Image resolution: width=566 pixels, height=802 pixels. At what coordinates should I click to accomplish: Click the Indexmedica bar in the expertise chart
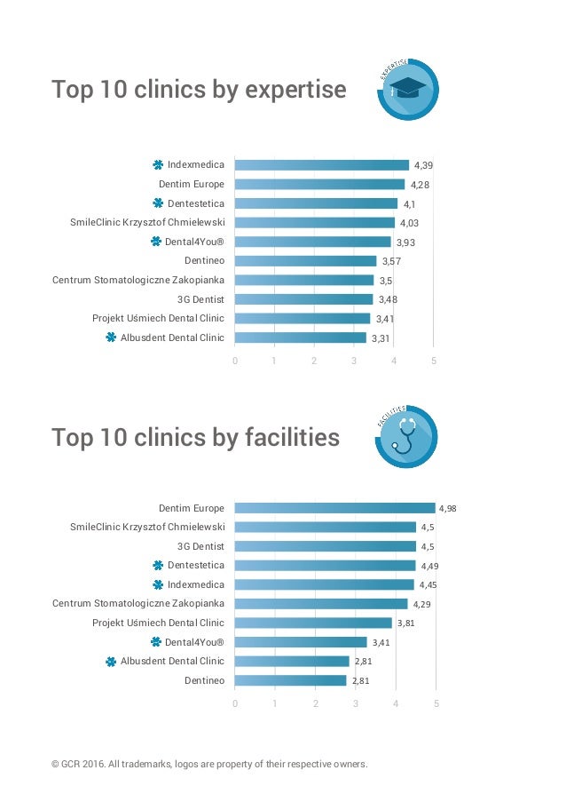321,165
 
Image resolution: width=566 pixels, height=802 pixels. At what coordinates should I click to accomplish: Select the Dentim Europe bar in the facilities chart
334,508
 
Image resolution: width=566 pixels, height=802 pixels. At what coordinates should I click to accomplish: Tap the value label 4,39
424,165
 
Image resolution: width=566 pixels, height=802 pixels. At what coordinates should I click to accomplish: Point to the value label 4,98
450,509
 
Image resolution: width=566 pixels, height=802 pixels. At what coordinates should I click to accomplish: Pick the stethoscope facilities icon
407,435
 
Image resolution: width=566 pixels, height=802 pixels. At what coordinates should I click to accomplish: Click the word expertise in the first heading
295,90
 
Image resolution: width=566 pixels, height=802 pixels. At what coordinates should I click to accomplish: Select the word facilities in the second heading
292,437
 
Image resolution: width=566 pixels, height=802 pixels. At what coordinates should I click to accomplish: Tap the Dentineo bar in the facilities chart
290,680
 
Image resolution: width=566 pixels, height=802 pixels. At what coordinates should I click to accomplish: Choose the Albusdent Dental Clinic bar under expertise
300,337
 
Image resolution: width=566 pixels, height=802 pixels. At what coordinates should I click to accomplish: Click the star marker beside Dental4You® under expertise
156,242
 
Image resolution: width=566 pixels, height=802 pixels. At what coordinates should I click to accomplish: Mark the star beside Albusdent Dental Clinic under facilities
111,662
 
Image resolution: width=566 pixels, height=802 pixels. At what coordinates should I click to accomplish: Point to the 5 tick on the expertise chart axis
434,361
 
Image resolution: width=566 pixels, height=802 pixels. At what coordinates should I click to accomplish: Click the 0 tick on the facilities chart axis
235,704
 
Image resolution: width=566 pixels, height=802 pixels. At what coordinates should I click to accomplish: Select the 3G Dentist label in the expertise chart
200,299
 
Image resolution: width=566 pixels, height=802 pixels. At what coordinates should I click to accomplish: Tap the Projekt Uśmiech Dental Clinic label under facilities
158,623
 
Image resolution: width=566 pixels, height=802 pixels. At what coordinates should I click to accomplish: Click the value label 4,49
430,566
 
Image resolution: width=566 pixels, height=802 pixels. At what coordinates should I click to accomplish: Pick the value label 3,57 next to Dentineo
391,261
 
